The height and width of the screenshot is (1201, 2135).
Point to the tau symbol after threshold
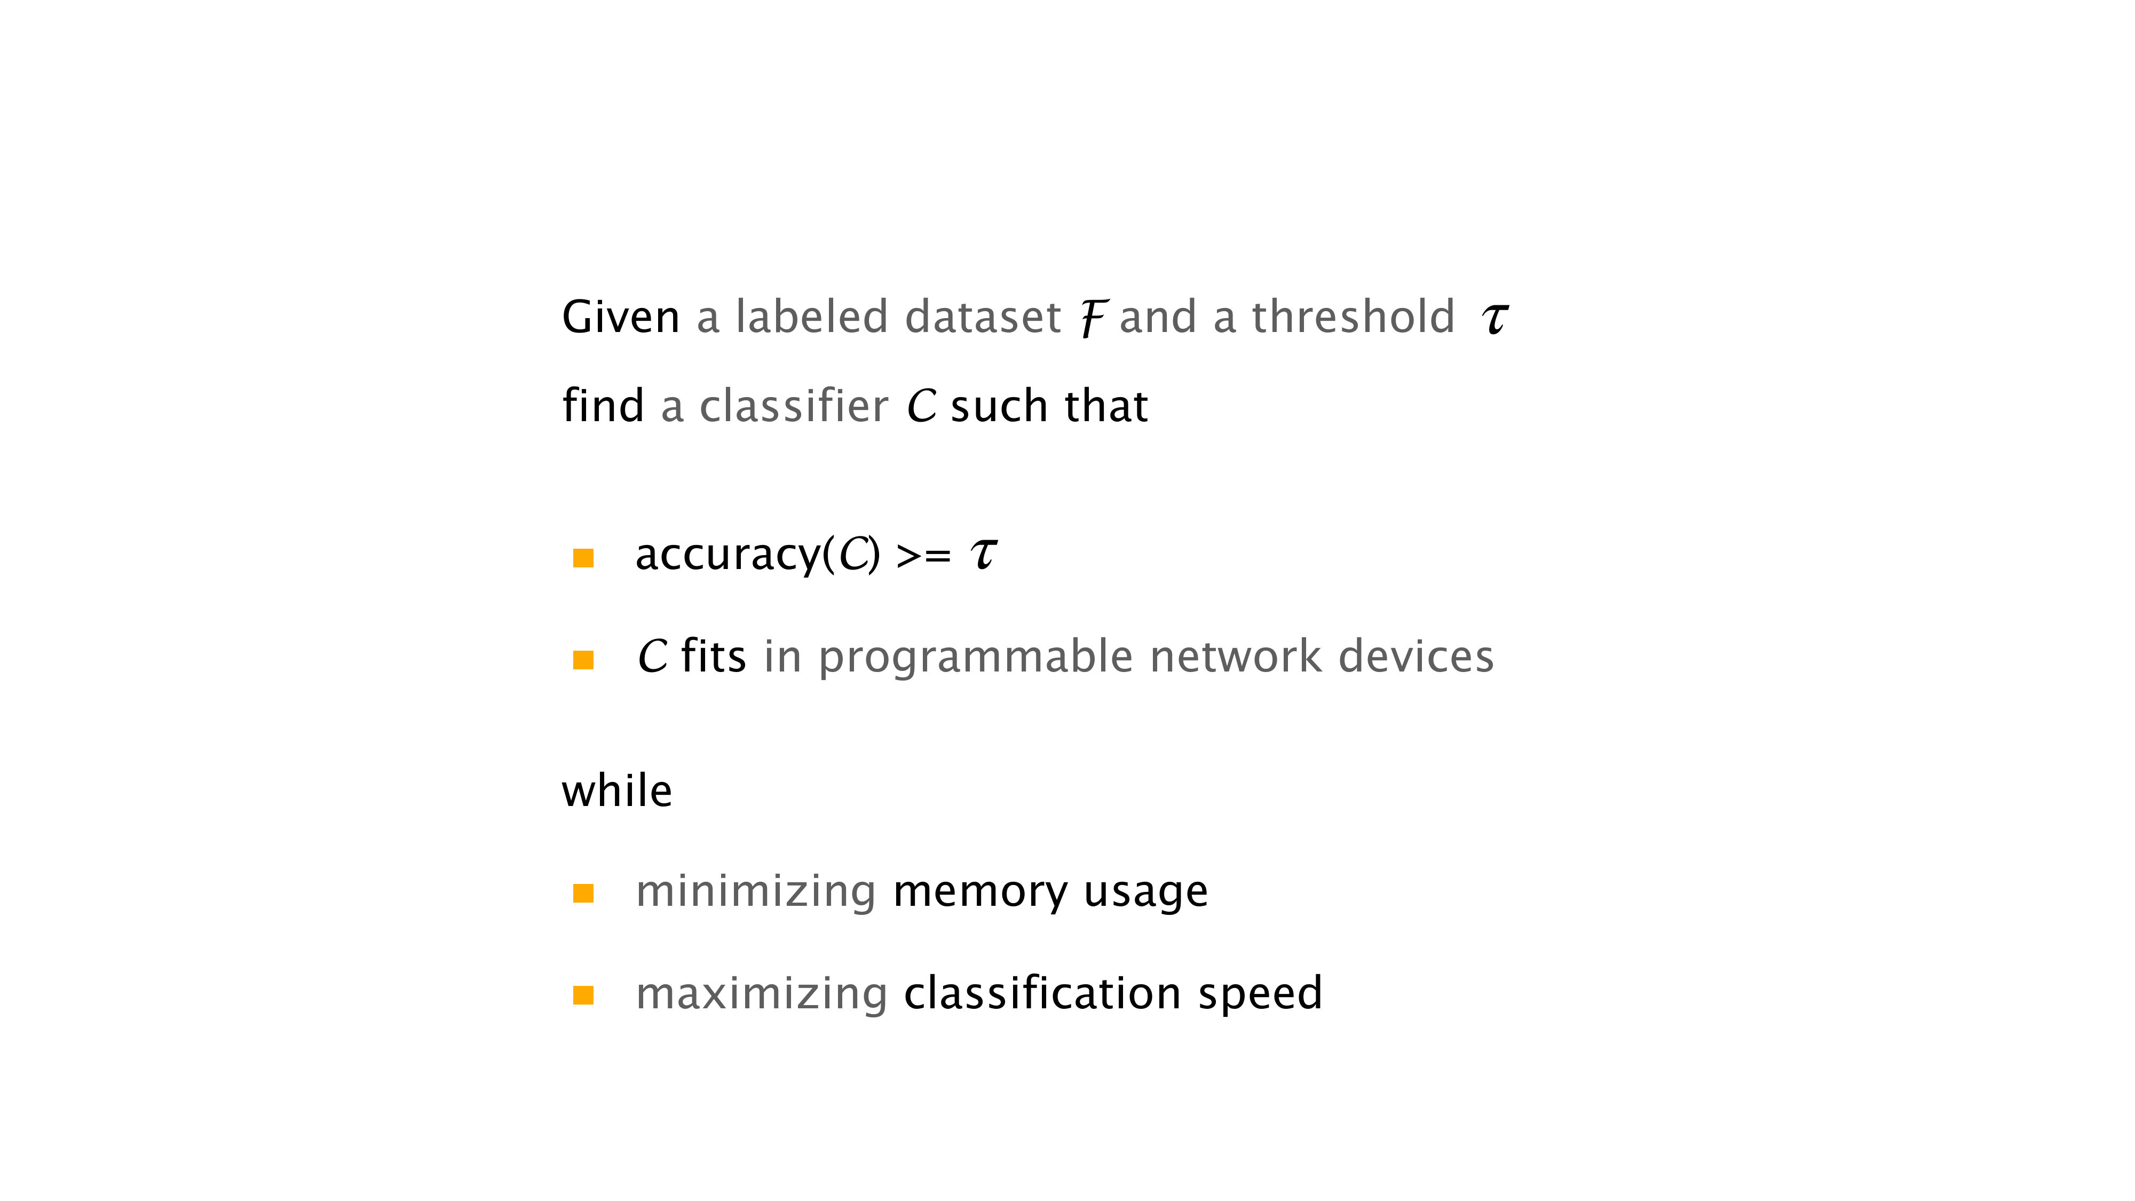coord(1495,318)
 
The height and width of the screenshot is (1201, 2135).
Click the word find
coord(603,406)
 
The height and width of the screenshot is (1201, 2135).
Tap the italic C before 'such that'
coord(921,407)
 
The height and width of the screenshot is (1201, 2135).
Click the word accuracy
coord(728,555)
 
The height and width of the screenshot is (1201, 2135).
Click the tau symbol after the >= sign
coord(984,555)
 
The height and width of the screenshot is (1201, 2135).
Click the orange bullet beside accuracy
coord(583,558)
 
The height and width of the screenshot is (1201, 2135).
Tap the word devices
coord(1416,657)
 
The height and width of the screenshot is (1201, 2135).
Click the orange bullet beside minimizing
coord(583,894)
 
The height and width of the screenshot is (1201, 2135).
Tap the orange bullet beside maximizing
coord(583,995)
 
